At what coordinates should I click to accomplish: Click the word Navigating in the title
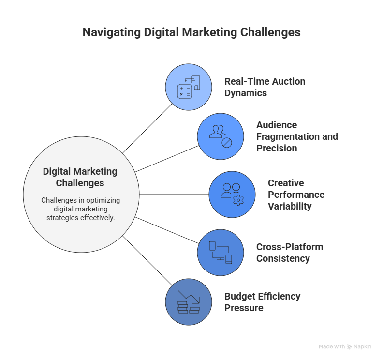click(x=112, y=32)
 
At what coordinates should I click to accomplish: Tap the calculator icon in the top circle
click(x=184, y=91)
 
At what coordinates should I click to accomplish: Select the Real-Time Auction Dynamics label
click(x=265, y=87)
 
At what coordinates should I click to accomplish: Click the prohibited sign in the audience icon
click(x=227, y=143)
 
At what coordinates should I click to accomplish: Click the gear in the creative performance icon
click(x=238, y=200)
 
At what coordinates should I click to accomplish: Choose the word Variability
click(x=290, y=206)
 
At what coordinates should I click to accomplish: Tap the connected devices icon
click(x=221, y=253)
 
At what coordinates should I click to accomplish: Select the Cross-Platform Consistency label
click(x=290, y=253)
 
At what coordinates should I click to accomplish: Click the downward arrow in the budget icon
click(x=189, y=297)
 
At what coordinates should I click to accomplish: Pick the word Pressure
click(x=244, y=308)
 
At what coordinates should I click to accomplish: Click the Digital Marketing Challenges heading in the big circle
click(x=80, y=177)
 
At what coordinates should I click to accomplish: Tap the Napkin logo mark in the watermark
click(x=350, y=347)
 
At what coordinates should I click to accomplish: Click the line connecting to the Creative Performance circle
click(x=174, y=195)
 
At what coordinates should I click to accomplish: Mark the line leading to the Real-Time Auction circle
click(x=147, y=129)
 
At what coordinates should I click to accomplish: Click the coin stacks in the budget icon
click(x=189, y=307)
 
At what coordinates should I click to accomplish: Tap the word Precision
click(x=277, y=148)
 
